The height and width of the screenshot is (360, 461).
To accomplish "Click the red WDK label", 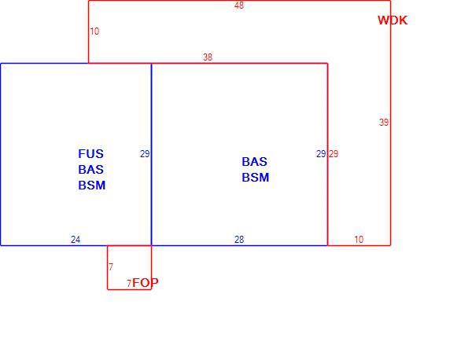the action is [x=393, y=20].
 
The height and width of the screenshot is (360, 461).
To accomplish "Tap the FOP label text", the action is [x=146, y=283].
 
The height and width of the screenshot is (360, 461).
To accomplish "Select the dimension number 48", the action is [x=239, y=6].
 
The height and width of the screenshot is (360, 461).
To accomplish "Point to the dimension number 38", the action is [x=208, y=57].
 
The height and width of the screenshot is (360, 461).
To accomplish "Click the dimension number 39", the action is [x=384, y=122].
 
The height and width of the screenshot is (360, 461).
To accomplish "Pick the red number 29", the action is [x=334, y=154].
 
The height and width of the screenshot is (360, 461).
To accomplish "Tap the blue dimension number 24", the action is [x=76, y=240].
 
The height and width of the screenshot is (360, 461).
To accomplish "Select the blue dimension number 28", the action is [x=239, y=240].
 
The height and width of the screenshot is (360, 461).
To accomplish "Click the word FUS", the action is [x=90, y=154].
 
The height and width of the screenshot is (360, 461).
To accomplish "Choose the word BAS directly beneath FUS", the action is [x=90, y=170].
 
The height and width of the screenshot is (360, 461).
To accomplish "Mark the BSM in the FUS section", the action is [x=92, y=186].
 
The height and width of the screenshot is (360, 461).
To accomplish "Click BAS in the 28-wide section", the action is [x=255, y=162].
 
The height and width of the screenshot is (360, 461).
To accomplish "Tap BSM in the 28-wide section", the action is [x=256, y=178].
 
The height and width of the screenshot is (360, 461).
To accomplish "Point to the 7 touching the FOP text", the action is [x=129, y=283].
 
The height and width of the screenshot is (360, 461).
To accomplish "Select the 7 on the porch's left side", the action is [x=111, y=267].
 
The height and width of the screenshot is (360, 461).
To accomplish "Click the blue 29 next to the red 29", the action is [x=321, y=154].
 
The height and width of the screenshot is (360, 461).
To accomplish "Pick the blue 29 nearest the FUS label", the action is [x=145, y=154].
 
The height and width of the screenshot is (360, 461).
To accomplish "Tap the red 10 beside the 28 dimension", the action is [x=359, y=240].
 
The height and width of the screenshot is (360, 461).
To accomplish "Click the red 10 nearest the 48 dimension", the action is [x=94, y=31].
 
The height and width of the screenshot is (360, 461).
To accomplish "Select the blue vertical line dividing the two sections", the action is [x=151, y=154].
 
